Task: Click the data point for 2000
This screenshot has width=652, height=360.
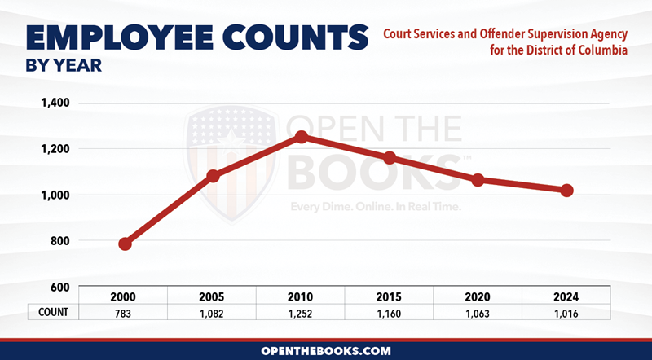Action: pos(125,244)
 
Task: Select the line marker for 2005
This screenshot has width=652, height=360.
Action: pos(214,176)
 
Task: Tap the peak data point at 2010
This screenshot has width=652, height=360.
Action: pos(302,137)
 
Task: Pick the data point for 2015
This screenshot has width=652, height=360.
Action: pos(390,157)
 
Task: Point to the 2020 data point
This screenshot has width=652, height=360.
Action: pos(478,179)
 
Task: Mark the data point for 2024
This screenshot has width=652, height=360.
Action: pos(567,190)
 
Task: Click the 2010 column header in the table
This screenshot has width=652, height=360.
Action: pos(302,296)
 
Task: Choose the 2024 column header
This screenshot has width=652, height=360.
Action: pos(566,296)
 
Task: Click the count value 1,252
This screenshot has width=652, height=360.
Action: pos(302,312)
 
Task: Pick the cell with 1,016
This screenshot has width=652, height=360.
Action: pos(566,312)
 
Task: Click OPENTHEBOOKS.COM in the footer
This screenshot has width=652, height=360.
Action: pos(326,350)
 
